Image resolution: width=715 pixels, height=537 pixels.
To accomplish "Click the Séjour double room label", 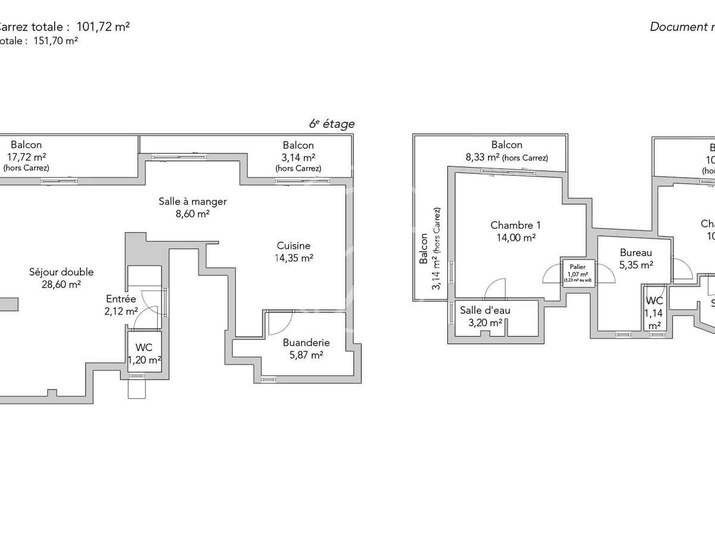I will pyautogui.click(x=61, y=272).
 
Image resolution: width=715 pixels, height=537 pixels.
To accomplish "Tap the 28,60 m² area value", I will pyautogui.click(x=61, y=285).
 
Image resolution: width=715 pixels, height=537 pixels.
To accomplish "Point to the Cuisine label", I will pyautogui.click(x=293, y=245).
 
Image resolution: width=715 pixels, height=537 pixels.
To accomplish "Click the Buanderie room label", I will pyautogui.click(x=306, y=342).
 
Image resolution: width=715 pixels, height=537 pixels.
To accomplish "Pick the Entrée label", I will pyautogui.click(x=121, y=298).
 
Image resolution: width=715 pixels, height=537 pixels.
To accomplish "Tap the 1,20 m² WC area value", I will pyautogui.click(x=144, y=360).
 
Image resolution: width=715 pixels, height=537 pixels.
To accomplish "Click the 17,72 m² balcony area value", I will pyautogui.click(x=26, y=157).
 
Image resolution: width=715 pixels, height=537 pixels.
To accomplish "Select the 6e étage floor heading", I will pyautogui.click(x=331, y=124).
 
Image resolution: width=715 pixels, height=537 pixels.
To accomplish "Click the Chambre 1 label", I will pyautogui.click(x=515, y=225).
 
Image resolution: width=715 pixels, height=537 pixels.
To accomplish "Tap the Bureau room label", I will pyautogui.click(x=636, y=252).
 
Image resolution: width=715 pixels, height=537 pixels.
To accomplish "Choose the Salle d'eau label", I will pyautogui.click(x=485, y=310).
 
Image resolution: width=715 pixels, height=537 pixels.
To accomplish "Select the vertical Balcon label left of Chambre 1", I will pyautogui.click(x=424, y=248).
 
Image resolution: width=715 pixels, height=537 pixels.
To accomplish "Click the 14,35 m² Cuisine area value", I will pyautogui.click(x=293, y=258).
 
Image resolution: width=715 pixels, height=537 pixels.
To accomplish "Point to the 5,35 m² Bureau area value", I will pyautogui.click(x=636, y=265).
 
